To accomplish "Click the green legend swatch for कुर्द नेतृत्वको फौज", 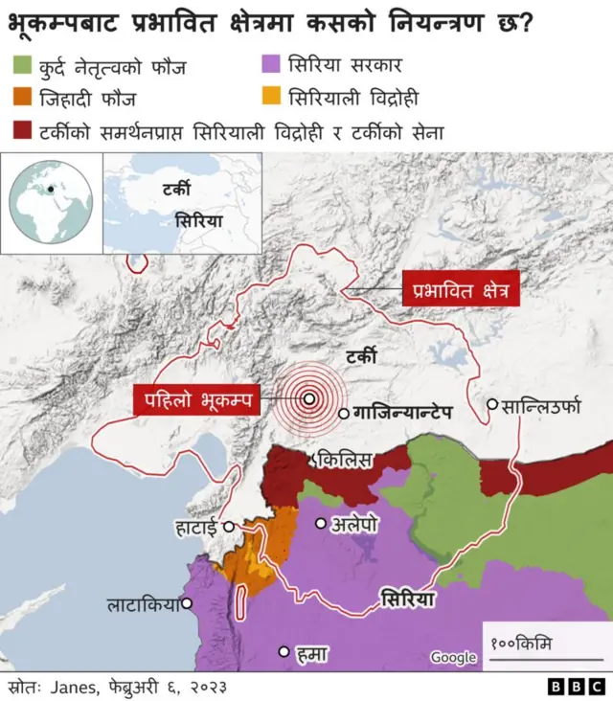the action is pos(23,67).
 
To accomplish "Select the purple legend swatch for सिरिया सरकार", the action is pos(271,67).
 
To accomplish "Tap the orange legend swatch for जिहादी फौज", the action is pos(23,98).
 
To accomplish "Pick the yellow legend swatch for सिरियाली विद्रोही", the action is pos(271,98).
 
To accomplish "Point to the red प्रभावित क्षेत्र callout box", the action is pos(462,289).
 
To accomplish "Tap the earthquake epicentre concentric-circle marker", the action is pos(309,399).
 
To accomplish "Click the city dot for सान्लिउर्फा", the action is pos(493,404).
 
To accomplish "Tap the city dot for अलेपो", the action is pos(322,523).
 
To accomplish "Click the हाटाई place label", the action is pos(196,526).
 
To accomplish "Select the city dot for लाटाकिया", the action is pos(188,603).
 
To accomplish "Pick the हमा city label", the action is pos(312,653).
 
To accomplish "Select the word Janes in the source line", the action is pos(74,687).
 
